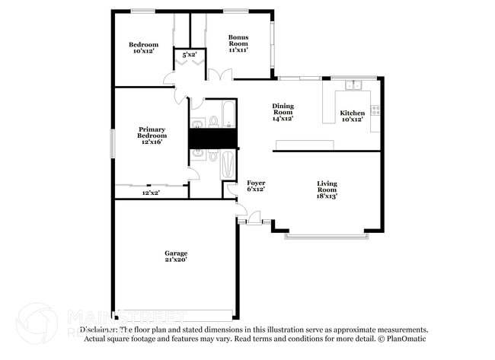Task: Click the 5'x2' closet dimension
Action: (x=188, y=55)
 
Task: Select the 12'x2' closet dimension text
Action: (x=151, y=193)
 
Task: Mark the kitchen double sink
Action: (x=352, y=84)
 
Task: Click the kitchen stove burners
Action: (x=375, y=110)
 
